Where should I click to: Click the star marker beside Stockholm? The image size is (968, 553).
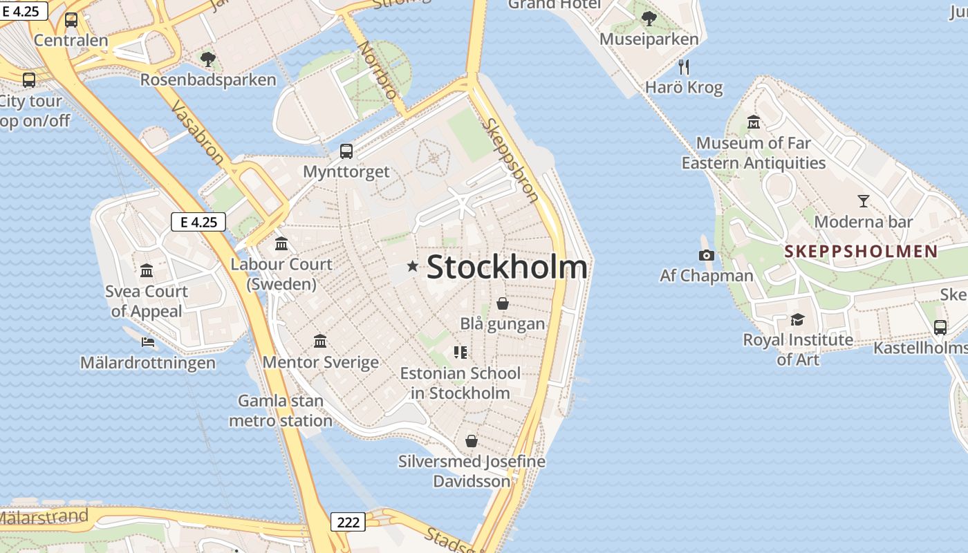413,266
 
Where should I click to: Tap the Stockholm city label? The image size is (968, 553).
507,268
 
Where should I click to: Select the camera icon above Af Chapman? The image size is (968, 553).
706,256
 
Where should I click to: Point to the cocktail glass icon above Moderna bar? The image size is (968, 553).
863,201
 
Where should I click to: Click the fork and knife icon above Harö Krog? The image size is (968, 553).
684,67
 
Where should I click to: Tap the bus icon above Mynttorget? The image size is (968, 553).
346,151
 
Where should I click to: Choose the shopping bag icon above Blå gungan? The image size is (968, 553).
503,303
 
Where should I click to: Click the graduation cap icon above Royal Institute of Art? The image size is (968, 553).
797,319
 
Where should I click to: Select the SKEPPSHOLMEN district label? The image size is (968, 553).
861,251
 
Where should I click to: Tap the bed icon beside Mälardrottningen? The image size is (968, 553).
147,341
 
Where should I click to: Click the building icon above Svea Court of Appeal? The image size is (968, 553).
147,270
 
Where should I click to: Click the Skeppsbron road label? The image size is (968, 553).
512,160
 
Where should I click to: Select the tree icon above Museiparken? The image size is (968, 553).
649,19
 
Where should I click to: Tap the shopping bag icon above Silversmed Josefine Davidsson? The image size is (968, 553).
472,441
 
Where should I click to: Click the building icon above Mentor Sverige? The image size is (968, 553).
320,341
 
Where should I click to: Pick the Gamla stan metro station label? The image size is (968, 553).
280,411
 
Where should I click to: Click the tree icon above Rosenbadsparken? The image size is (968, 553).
207,59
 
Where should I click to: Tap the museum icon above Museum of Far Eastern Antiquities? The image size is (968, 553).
754,122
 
